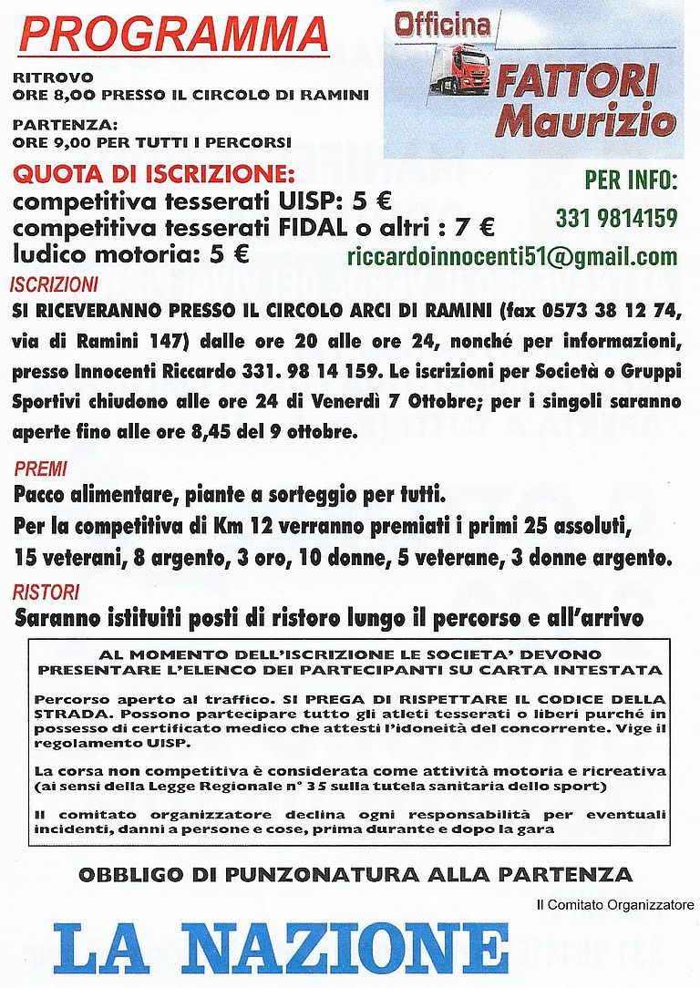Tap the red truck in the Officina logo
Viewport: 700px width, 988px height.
pos(461,69)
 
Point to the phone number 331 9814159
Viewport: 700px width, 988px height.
pos(616,219)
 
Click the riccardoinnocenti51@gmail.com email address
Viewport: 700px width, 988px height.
pos(512,256)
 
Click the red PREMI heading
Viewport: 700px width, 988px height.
pos(40,469)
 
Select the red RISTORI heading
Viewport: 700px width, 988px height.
pos(46,592)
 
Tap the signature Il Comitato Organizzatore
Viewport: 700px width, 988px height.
pos(615,905)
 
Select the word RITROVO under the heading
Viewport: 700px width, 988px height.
pos(41,77)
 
